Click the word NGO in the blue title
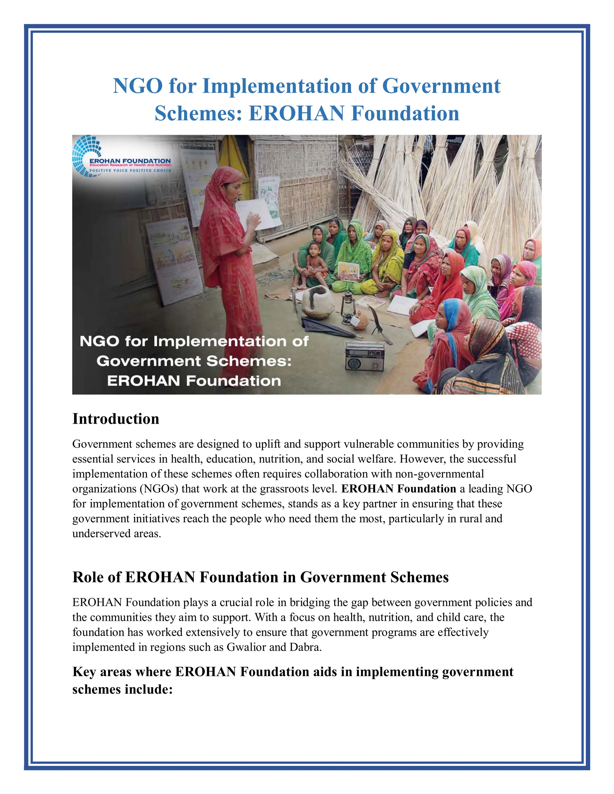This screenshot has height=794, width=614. tap(138, 86)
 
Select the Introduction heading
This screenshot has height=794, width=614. tap(116, 419)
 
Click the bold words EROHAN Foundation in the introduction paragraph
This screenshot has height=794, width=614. tap(398, 489)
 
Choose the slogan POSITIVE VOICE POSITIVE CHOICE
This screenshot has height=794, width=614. tap(130, 170)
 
